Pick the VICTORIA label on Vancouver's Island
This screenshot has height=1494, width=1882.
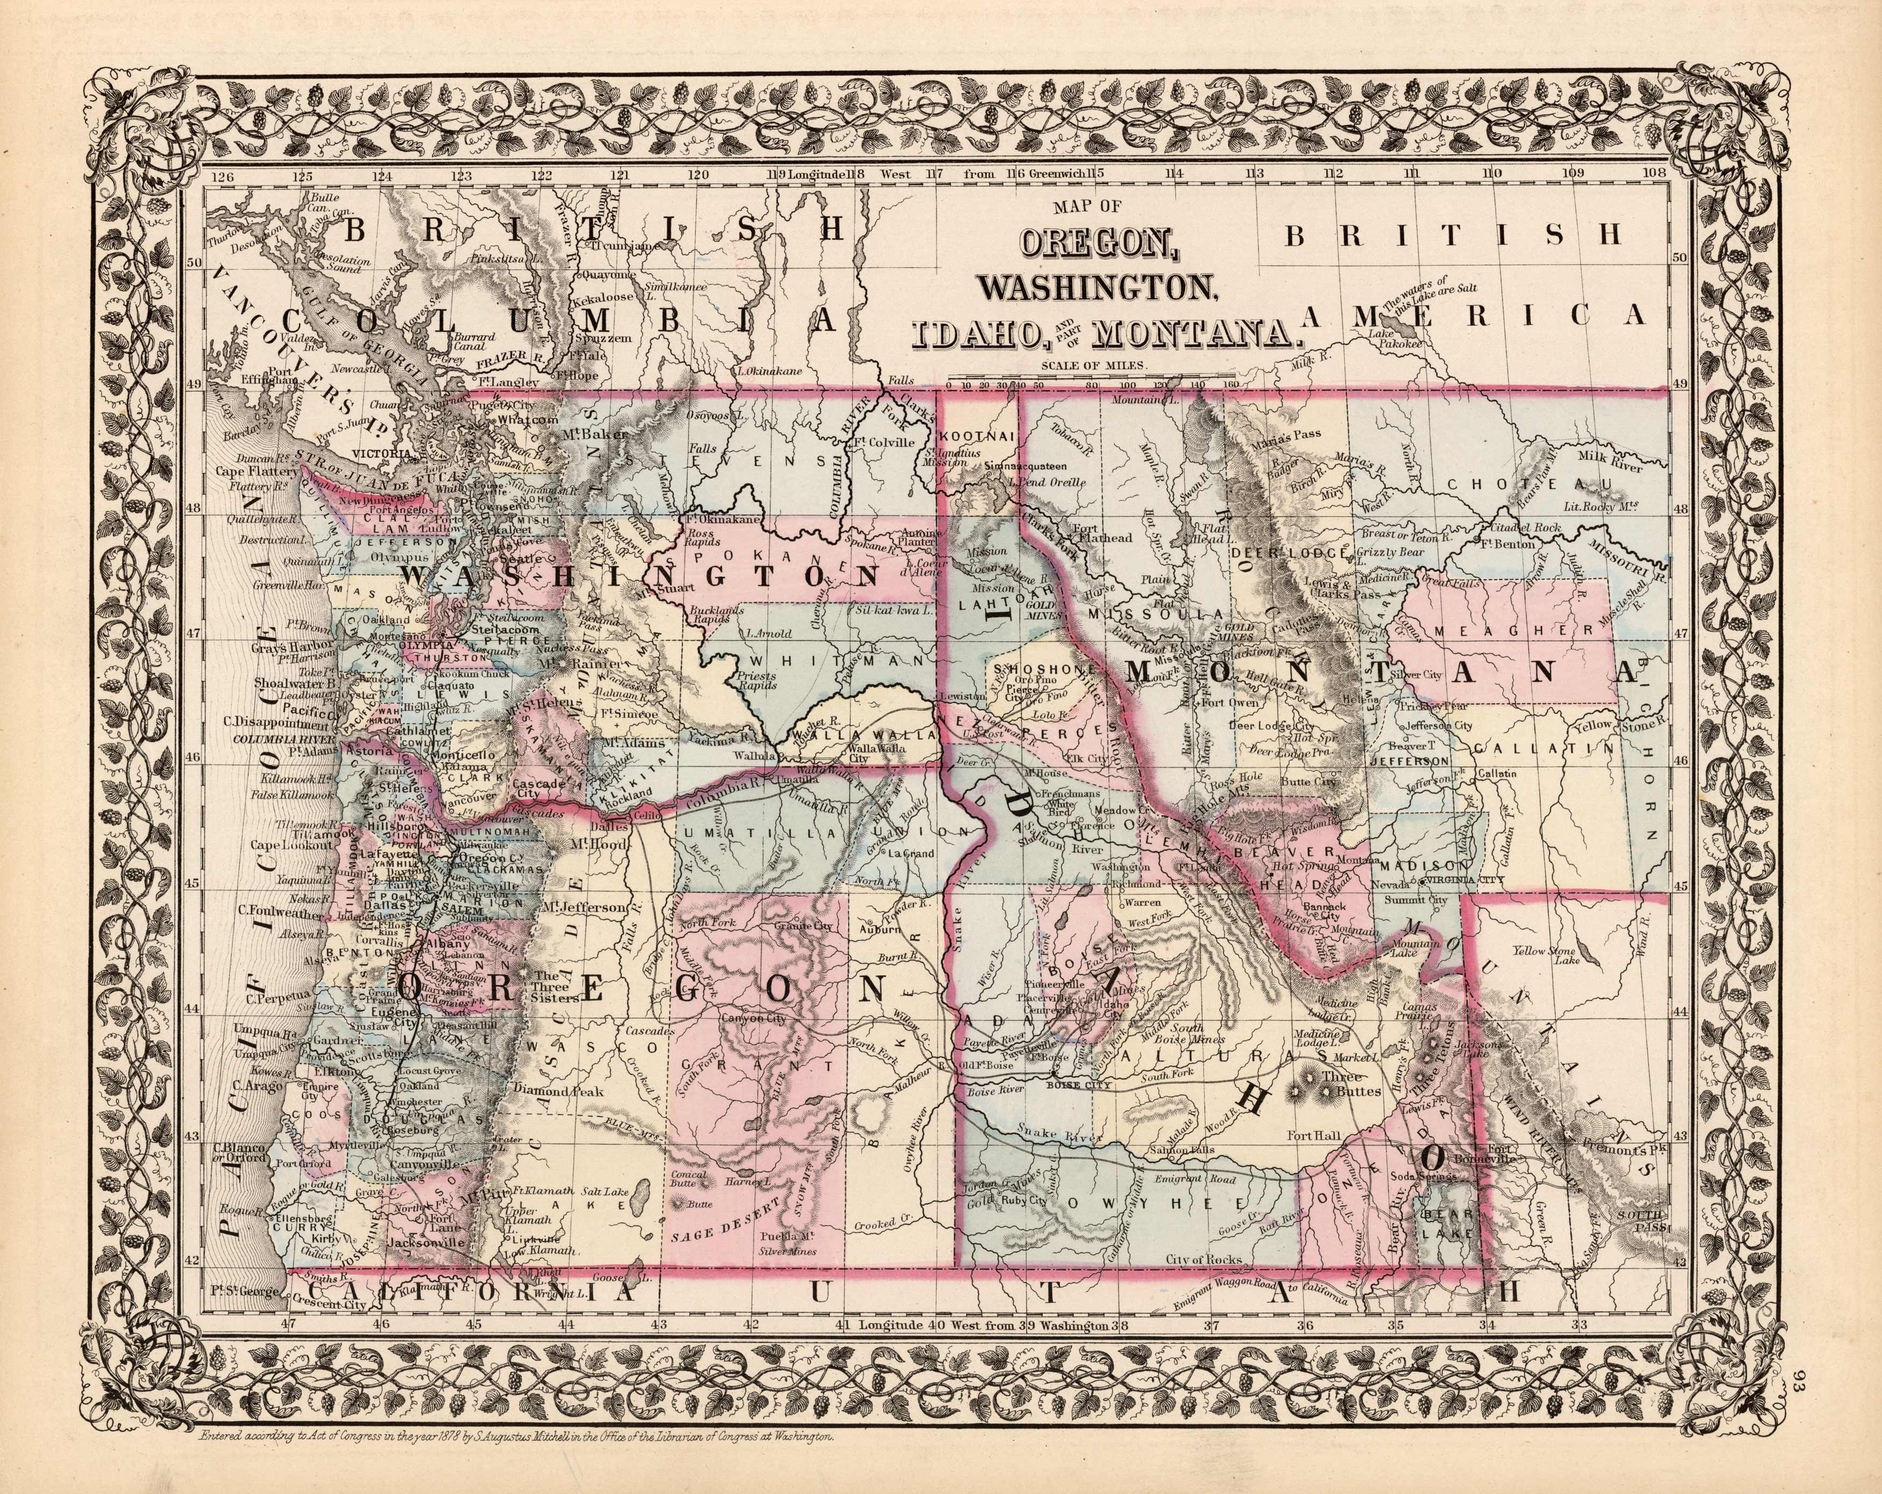tap(381, 454)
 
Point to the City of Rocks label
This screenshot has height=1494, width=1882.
tap(1203, 1259)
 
